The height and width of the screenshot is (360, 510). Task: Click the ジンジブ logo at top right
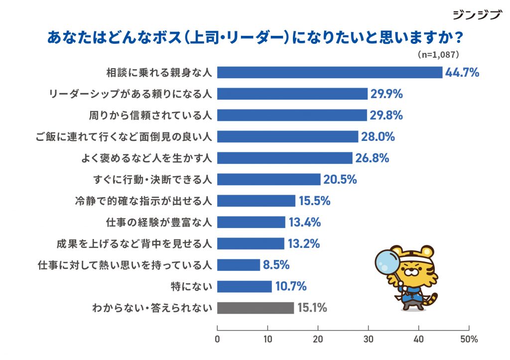tap(477, 15)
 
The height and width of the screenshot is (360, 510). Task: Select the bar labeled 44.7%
tap(330, 72)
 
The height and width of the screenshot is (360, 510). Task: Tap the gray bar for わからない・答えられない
tap(255, 308)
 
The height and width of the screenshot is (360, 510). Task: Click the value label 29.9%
tap(386, 94)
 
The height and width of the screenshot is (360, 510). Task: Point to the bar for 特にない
tap(245, 287)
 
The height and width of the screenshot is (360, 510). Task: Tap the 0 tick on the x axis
tap(218, 340)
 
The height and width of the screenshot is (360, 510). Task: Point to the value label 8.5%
tap(276, 265)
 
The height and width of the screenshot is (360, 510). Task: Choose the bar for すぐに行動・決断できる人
tap(269, 179)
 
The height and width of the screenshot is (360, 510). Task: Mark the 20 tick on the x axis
tap(318, 340)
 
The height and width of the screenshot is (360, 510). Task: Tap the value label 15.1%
tap(312, 308)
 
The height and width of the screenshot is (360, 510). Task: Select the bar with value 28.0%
tap(288, 136)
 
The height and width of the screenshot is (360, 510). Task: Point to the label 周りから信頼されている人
tap(150, 115)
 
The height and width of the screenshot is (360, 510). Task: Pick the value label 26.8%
tap(372, 158)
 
